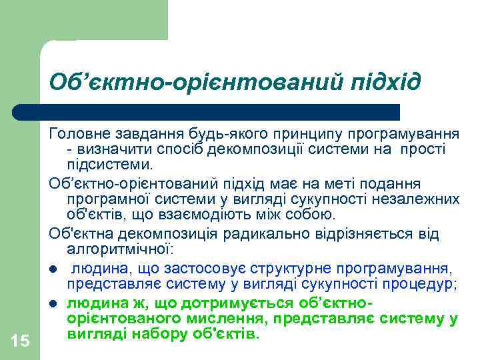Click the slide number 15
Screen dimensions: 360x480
21,341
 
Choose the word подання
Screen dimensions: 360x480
397,182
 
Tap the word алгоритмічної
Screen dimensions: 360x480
119,249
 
